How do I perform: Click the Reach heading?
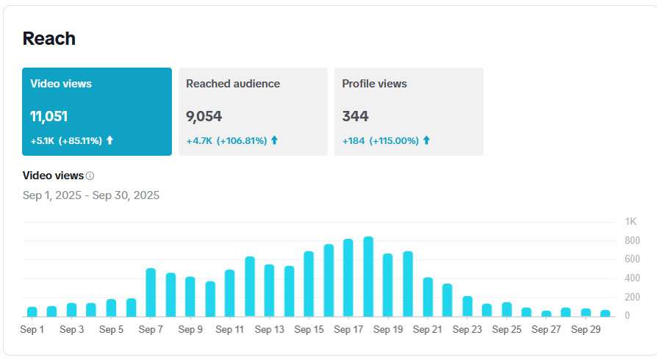[x=49, y=39]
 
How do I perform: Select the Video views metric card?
[x=97, y=112]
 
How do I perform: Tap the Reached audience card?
[x=253, y=112]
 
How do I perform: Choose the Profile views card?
[x=409, y=112]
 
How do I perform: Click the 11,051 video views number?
[x=49, y=116]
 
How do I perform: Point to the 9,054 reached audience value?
[x=204, y=116]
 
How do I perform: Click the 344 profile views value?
[x=356, y=116]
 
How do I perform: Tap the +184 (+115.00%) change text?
[x=381, y=140]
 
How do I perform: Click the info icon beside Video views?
[x=90, y=176]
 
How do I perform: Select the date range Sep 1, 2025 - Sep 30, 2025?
[x=91, y=195]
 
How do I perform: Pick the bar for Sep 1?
[x=32, y=312]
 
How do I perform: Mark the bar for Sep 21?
[x=428, y=297]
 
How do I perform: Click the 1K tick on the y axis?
[x=631, y=222]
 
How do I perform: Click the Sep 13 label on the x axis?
[x=269, y=330]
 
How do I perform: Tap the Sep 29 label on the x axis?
[x=585, y=330]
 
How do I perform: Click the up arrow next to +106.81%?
[x=275, y=140]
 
